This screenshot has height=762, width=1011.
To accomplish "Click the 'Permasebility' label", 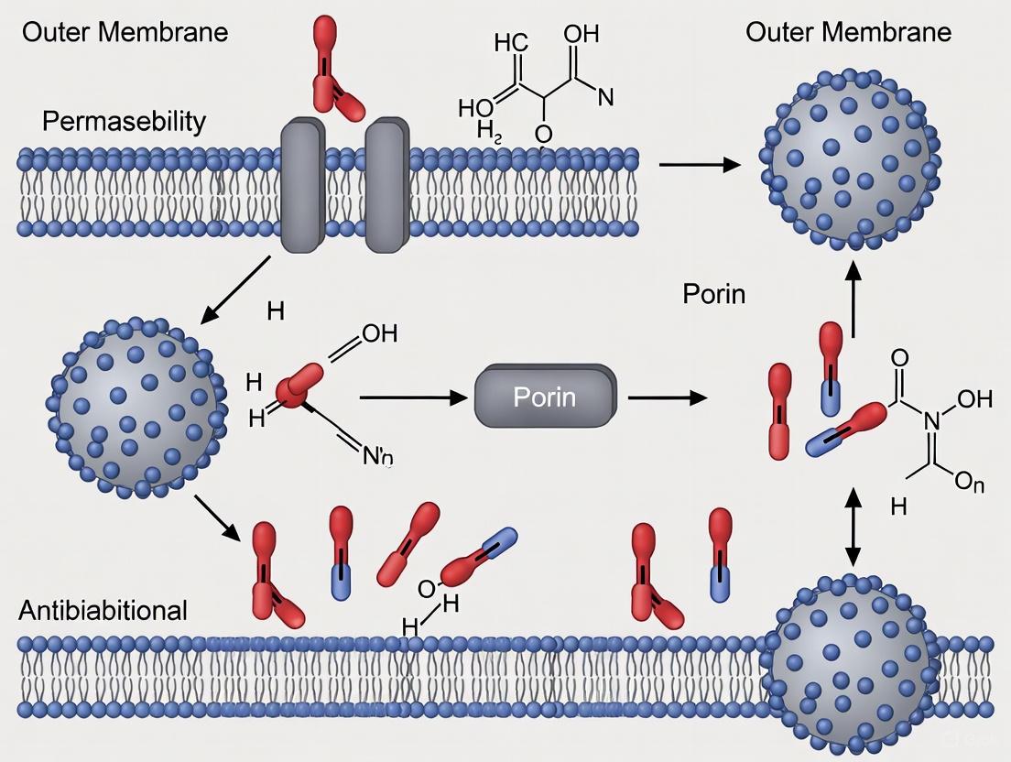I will click(125, 121).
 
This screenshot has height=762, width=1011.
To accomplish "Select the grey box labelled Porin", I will click(545, 398).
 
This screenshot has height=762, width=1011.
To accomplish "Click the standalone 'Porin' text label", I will click(714, 294).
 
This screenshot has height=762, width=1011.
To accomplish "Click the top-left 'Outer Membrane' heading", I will click(125, 33).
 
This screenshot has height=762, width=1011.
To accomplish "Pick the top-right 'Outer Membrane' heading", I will click(848, 33).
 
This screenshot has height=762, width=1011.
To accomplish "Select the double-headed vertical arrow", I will click(853, 527).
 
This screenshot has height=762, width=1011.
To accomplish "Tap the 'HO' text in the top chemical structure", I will click(475, 107).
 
